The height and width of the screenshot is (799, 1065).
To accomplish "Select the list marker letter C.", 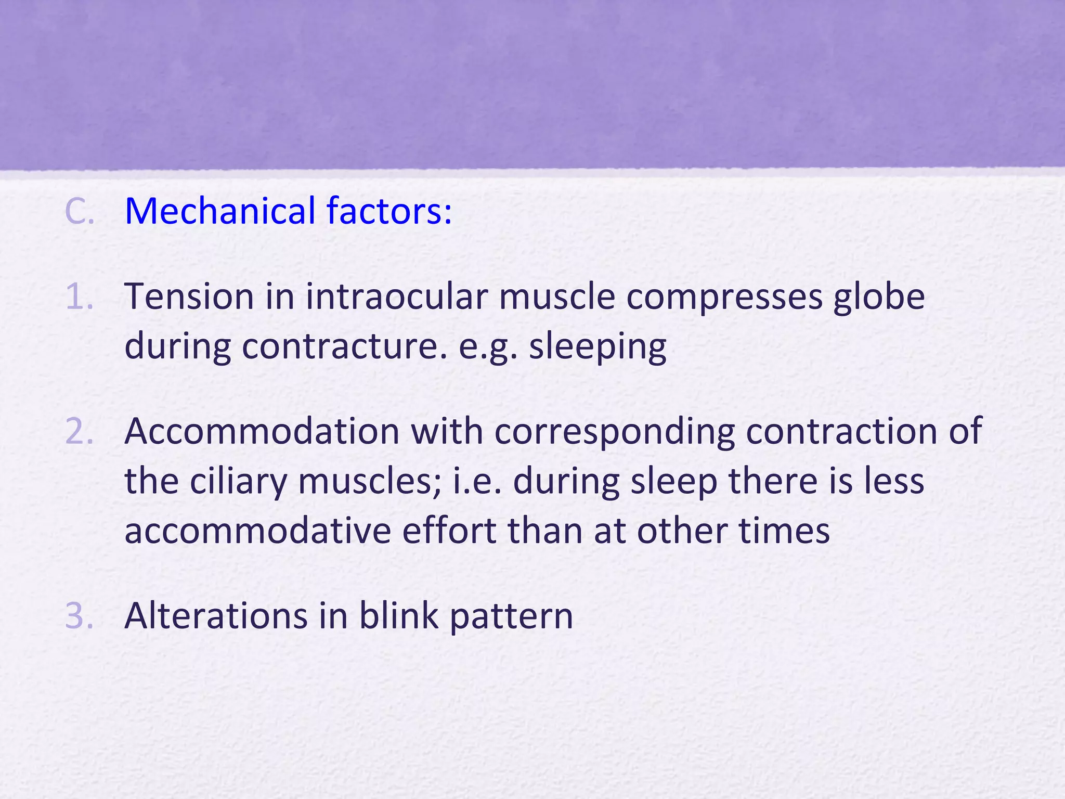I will coord(80,212).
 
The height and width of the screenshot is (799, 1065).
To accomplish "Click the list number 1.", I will coord(80,297).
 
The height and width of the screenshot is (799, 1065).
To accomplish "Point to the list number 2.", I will coord(80,432).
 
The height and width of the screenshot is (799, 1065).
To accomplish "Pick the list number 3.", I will coord(80,616).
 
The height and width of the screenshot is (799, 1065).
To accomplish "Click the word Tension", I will coord(189,297).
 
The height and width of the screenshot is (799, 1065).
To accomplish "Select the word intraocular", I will coord(396,297).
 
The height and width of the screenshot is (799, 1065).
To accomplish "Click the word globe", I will coord(879,297).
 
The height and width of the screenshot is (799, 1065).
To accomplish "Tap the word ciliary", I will coord(238,482).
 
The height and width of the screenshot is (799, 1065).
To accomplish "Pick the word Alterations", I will coord(216,616).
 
